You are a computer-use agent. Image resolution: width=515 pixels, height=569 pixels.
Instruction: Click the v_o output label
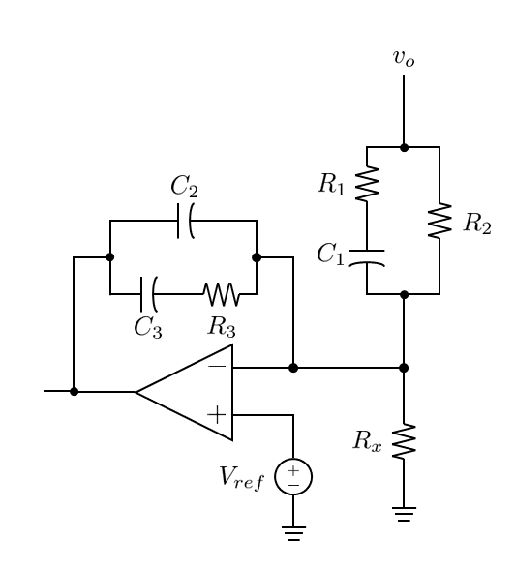pos(404,58)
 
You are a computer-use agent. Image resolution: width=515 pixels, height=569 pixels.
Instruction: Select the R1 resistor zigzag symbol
pos(367,183)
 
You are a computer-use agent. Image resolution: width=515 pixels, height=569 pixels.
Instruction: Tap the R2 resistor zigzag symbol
pos(439,221)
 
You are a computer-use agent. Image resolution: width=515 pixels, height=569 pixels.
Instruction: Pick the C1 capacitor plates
pos(367,258)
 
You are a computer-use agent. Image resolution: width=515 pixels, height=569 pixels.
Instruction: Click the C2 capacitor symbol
pos(186,221)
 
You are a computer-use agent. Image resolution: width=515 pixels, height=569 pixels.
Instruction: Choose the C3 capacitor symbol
pos(149,294)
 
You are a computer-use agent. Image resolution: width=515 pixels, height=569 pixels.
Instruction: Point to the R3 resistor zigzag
pos(222,294)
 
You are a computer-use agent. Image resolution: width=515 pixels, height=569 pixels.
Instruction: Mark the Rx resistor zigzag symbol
pos(404,441)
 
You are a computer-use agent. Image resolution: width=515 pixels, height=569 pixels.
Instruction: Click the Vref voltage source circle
pos(293,477)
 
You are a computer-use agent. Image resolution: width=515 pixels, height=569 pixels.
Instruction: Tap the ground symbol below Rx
pos(404,514)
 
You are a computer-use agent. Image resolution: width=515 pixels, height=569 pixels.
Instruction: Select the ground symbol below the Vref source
pos(293,533)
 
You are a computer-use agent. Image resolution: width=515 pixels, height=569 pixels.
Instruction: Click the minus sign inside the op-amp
pos(217,367)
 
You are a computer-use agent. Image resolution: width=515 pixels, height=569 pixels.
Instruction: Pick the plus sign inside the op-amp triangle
pos(217,415)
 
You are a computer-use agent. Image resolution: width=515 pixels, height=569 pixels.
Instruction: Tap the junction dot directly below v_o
pos(404,147)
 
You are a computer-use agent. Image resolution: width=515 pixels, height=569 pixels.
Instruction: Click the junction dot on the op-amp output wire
pos(74,392)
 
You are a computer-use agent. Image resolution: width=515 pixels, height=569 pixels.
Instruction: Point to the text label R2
pos(477,223)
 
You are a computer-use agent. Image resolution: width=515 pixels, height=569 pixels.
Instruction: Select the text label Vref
pos(242,478)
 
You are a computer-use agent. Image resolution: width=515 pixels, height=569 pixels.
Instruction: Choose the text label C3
pos(148,328)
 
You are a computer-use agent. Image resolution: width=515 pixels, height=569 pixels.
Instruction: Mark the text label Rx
pos(367,441)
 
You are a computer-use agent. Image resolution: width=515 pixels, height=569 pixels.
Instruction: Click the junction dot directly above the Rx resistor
pos(404,368)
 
